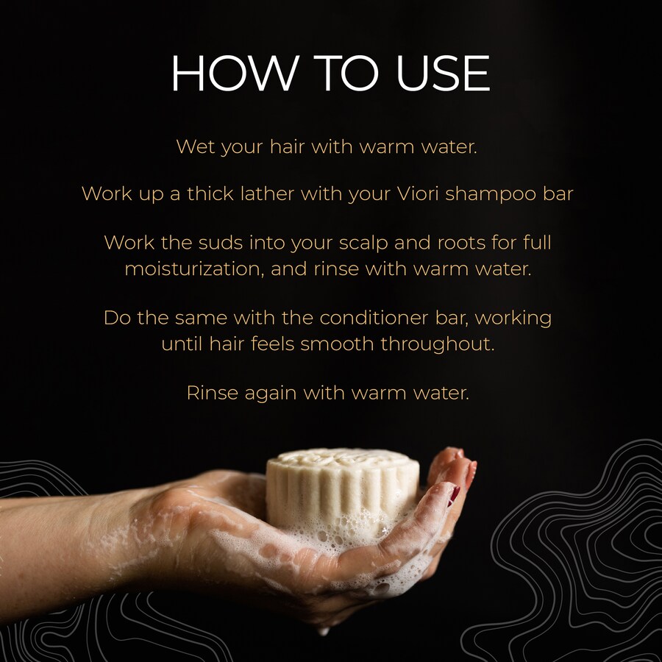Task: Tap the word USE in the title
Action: click(x=444, y=73)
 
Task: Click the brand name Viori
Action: click(x=418, y=193)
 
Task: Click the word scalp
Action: click(x=363, y=243)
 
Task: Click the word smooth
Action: click(x=337, y=344)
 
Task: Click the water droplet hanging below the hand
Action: click(x=324, y=631)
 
